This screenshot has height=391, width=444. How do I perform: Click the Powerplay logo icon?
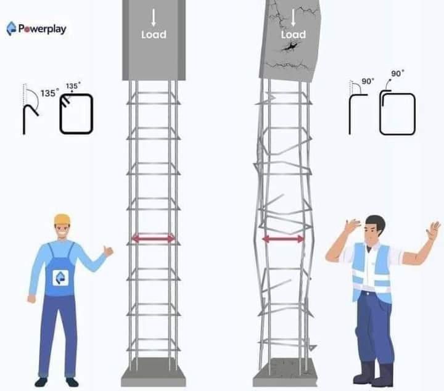[11, 28]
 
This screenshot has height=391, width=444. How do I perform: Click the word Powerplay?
[43, 29]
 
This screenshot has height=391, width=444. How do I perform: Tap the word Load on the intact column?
[154, 35]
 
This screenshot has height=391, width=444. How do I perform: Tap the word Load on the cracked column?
[294, 35]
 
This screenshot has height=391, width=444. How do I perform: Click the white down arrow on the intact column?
[154, 17]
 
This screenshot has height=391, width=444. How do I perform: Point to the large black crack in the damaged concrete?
[289, 47]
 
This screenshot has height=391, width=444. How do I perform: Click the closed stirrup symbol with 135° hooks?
[76, 113]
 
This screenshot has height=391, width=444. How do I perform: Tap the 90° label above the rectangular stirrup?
[398, 73]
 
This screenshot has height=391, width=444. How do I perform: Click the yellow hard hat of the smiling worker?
[62, 219]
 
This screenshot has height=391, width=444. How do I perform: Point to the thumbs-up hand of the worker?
[108, 251]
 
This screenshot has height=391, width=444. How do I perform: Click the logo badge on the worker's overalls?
[60, 278]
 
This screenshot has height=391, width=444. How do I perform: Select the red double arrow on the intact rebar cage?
[154, 239]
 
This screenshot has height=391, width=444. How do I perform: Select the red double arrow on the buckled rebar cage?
[284, 239]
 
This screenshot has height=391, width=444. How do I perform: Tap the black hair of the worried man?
[376, 221]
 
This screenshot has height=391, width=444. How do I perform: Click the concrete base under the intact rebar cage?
[154, 372]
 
